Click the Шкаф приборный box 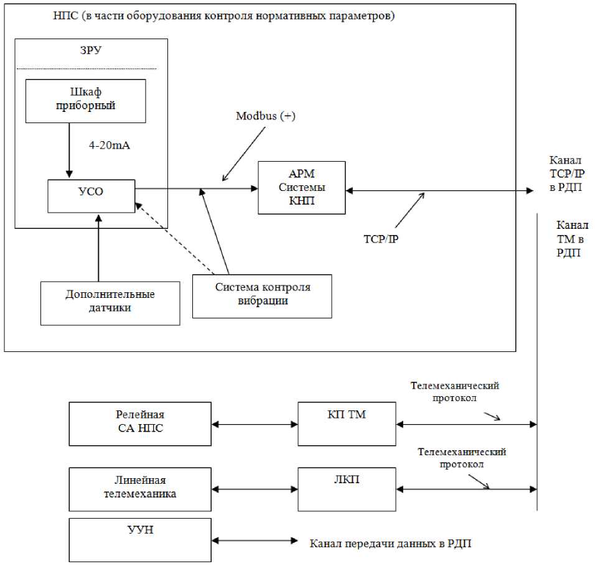click(85, 101)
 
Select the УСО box click(91, 195)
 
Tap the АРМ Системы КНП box click(301, 187)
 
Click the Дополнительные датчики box click(110, 302)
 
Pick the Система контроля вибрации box click(262, 296)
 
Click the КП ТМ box click(347, 423)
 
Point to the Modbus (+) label click(266, 116)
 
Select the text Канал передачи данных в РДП click(391, 543)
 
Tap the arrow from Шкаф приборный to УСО click(69, 150)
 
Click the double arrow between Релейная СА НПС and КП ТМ click(255, 425)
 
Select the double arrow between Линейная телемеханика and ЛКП click(255, 488)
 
